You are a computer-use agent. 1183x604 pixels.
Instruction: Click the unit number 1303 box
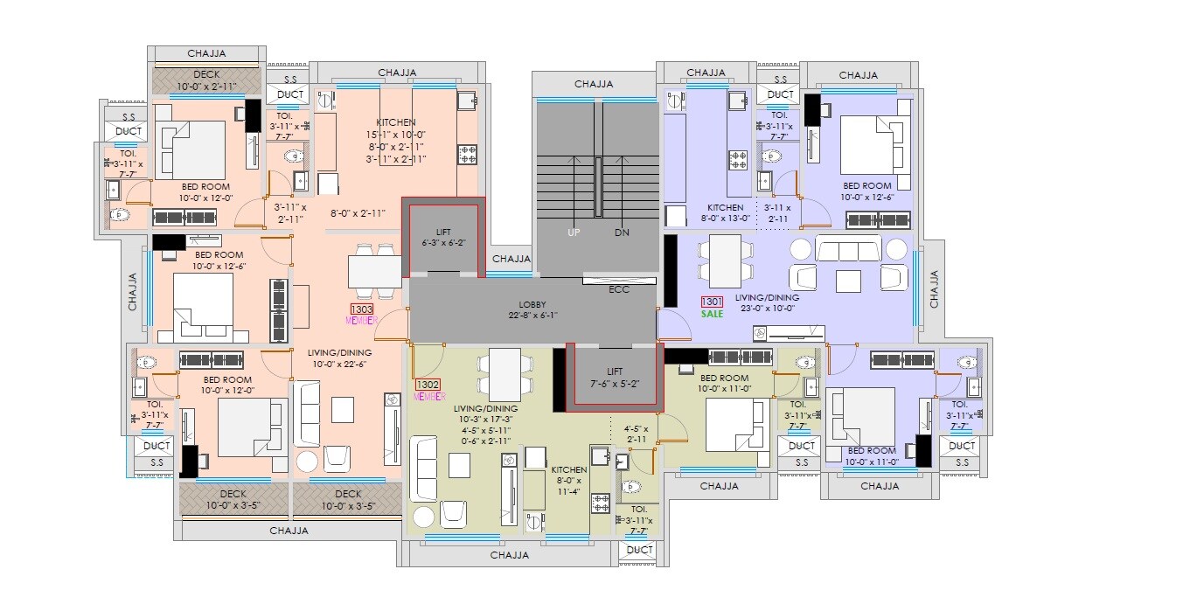361,309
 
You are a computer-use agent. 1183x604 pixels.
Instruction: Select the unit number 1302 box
428,384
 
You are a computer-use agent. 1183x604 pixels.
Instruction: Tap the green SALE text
712,313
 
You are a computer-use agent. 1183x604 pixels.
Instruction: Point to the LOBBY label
532,304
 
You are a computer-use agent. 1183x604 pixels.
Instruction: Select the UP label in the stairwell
573,233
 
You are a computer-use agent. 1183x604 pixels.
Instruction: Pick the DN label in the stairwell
622,233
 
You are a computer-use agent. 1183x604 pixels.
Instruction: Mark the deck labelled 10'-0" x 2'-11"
206,87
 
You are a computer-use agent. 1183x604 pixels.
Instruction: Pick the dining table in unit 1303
374,271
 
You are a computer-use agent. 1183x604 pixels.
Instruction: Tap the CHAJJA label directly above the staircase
594,84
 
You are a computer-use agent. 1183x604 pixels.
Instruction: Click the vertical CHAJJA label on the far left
133,291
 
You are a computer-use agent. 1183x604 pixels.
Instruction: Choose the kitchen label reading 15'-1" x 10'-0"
396,134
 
